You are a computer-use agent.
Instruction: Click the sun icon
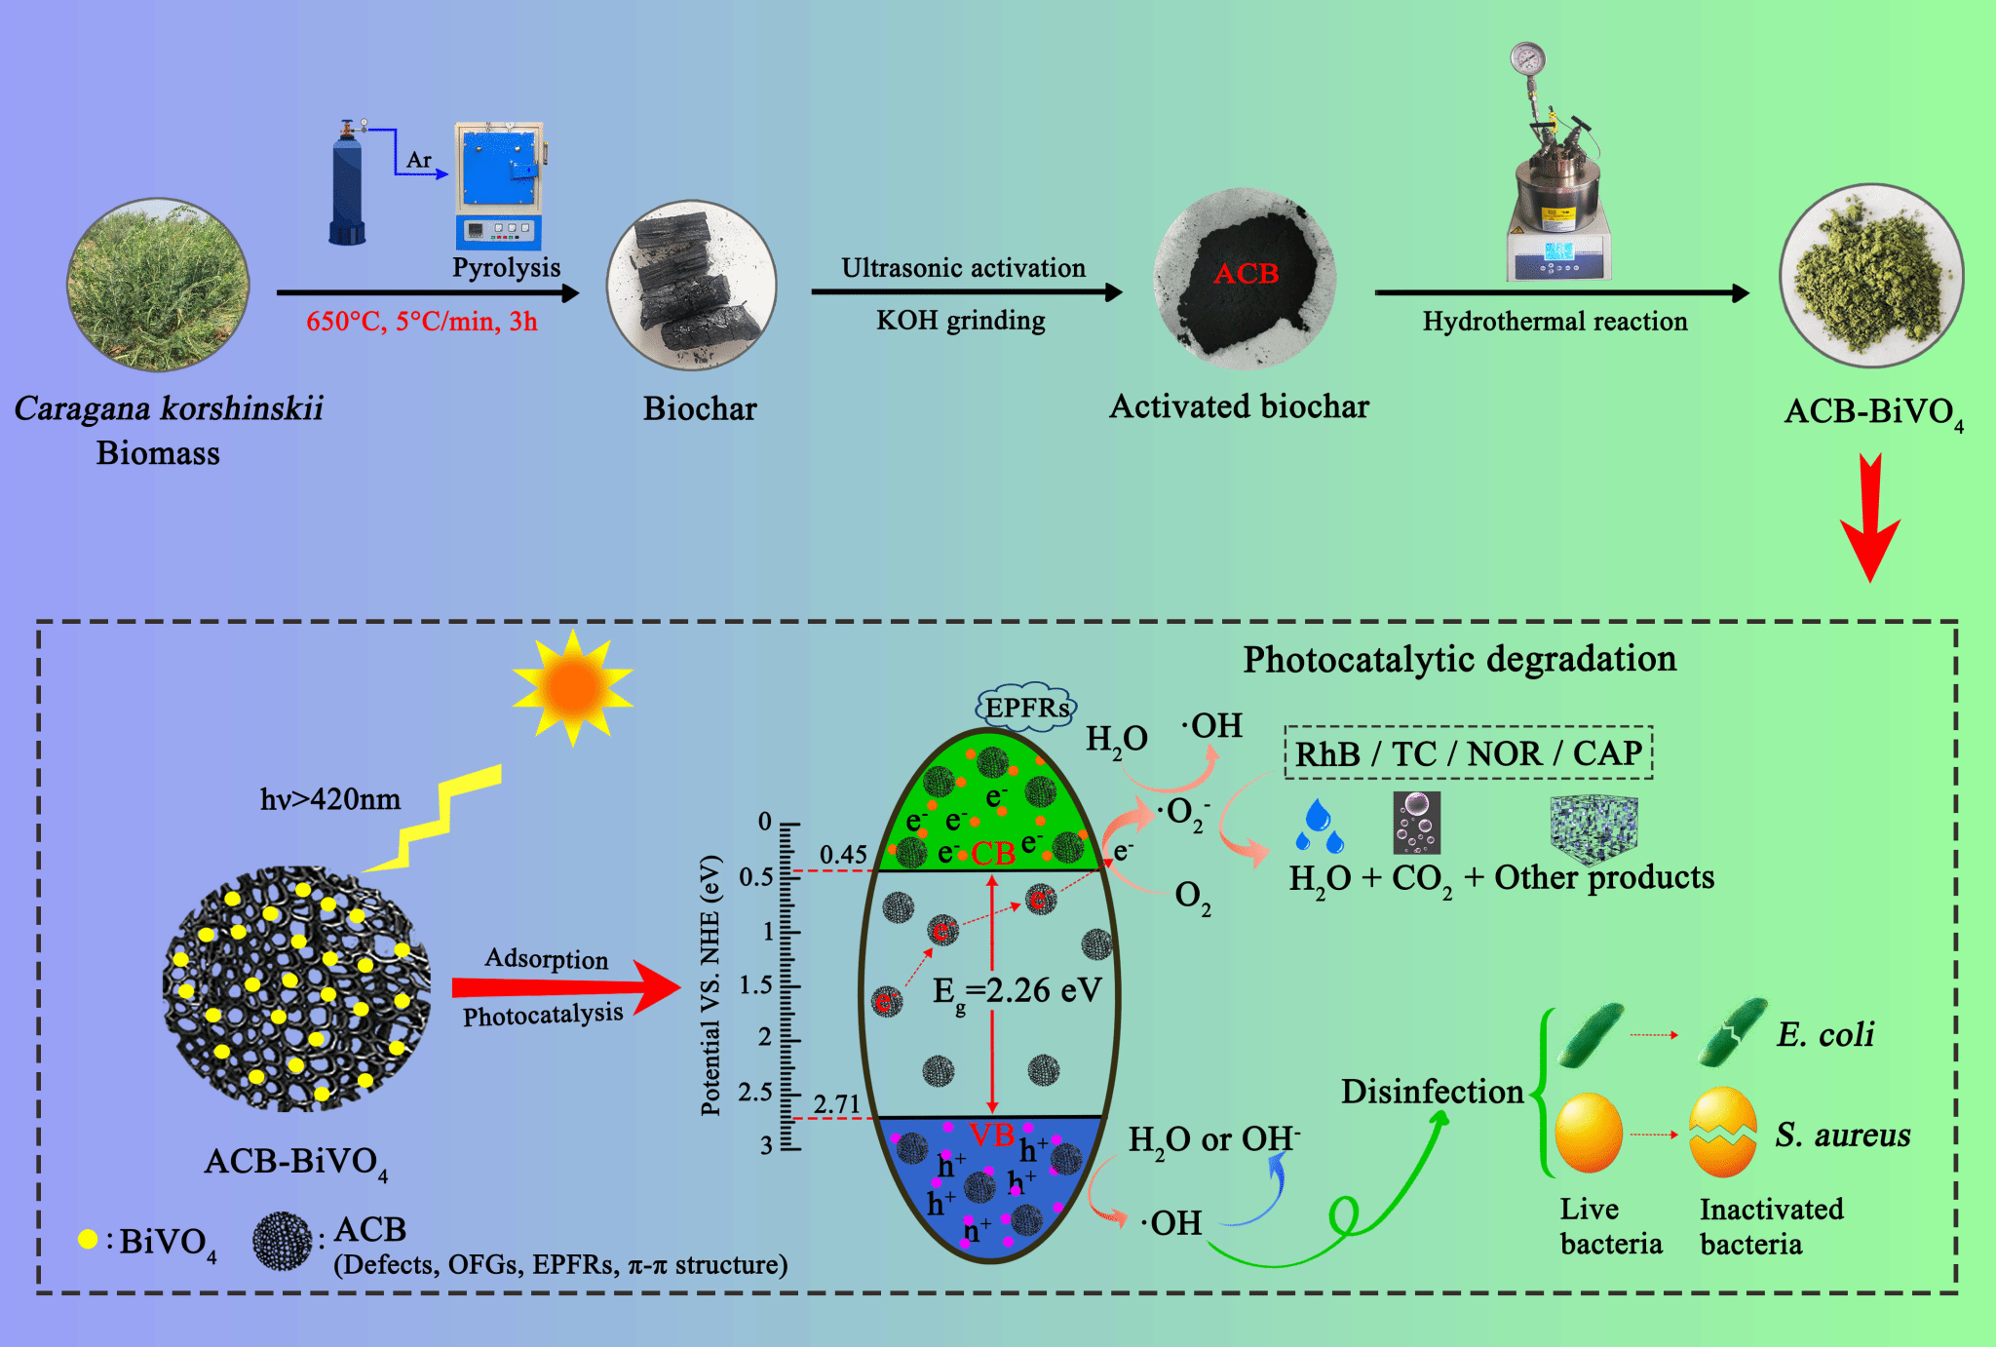tap(573, 687)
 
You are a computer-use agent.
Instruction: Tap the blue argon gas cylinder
tap(347, 190)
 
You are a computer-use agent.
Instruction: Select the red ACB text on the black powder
tap(1246, 274)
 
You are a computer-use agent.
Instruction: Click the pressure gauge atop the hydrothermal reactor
tap(1527, 59)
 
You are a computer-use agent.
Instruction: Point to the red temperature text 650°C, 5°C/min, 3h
tap(421, 322)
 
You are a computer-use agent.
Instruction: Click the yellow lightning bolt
tap(439, 819)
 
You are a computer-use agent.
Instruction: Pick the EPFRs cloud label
tap(1026, 707)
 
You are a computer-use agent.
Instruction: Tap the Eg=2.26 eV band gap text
tap(1017, 991)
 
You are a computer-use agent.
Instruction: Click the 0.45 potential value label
tap(843, 855)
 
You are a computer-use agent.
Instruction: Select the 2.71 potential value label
tap(837, 1104)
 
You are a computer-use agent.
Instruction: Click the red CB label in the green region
tap(993, 854)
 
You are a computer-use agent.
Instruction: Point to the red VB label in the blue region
tap(991, 1134)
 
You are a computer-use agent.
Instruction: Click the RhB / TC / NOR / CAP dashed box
tap(1468, 753)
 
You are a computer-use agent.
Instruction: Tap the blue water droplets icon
tap(1319, 827)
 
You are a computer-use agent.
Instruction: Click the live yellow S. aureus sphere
tap(1589, 1134)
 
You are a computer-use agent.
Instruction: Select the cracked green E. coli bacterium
tap(1732, 1032)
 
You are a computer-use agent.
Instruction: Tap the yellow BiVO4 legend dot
tap(88, 1239)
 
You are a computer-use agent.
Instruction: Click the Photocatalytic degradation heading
tap(1459, 660)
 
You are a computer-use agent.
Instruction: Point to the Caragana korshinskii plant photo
tap(158, 285)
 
